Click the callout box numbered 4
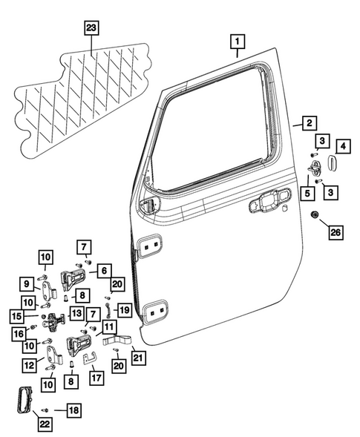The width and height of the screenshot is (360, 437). [344, 145]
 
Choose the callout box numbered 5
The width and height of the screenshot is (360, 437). [305, 195]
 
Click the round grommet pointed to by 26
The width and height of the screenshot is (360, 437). [315, 216]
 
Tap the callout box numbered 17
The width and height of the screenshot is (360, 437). [95, 377]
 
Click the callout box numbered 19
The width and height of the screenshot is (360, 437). [125, 309]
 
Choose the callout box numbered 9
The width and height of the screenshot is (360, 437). [26, 283]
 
